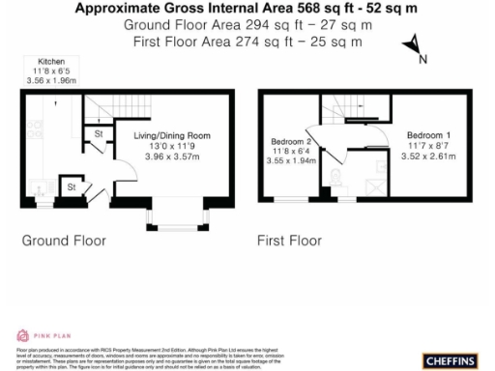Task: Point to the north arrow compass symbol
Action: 413,47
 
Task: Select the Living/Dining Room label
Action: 171,136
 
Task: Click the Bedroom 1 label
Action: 427,134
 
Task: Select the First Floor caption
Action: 289,239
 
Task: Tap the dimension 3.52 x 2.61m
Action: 427,156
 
